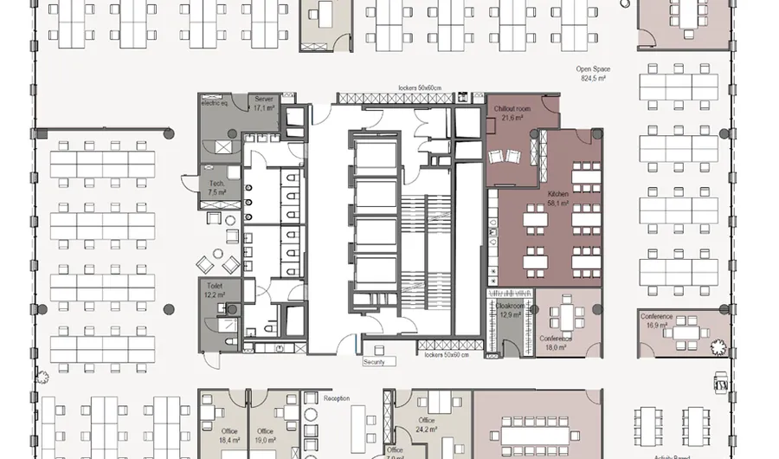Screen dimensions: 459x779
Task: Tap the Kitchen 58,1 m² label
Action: pyautogui.click(x=557, y=199)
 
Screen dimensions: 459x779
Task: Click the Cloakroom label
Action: pyautogui.click(x=509, y=310)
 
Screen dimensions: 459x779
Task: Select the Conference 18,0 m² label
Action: pyautogui.click(x=555, y=342)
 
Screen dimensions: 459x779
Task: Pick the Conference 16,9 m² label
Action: pyautogui.click(x=657, y=321)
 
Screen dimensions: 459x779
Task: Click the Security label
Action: pyautogui.click(x=374, y=362)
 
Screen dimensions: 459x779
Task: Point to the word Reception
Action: pyautogui.click(x=337, y=398)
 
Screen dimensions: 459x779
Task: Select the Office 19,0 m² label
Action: pyautogui.click(x=266, y=436)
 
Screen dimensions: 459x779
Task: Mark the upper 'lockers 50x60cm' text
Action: pyautogui.click(x=420, y=88)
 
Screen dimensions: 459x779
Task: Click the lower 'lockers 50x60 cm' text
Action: pyautogui.click(x=447, y=355)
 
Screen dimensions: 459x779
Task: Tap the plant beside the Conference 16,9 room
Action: pyautogui.click(x=717, y=346)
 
